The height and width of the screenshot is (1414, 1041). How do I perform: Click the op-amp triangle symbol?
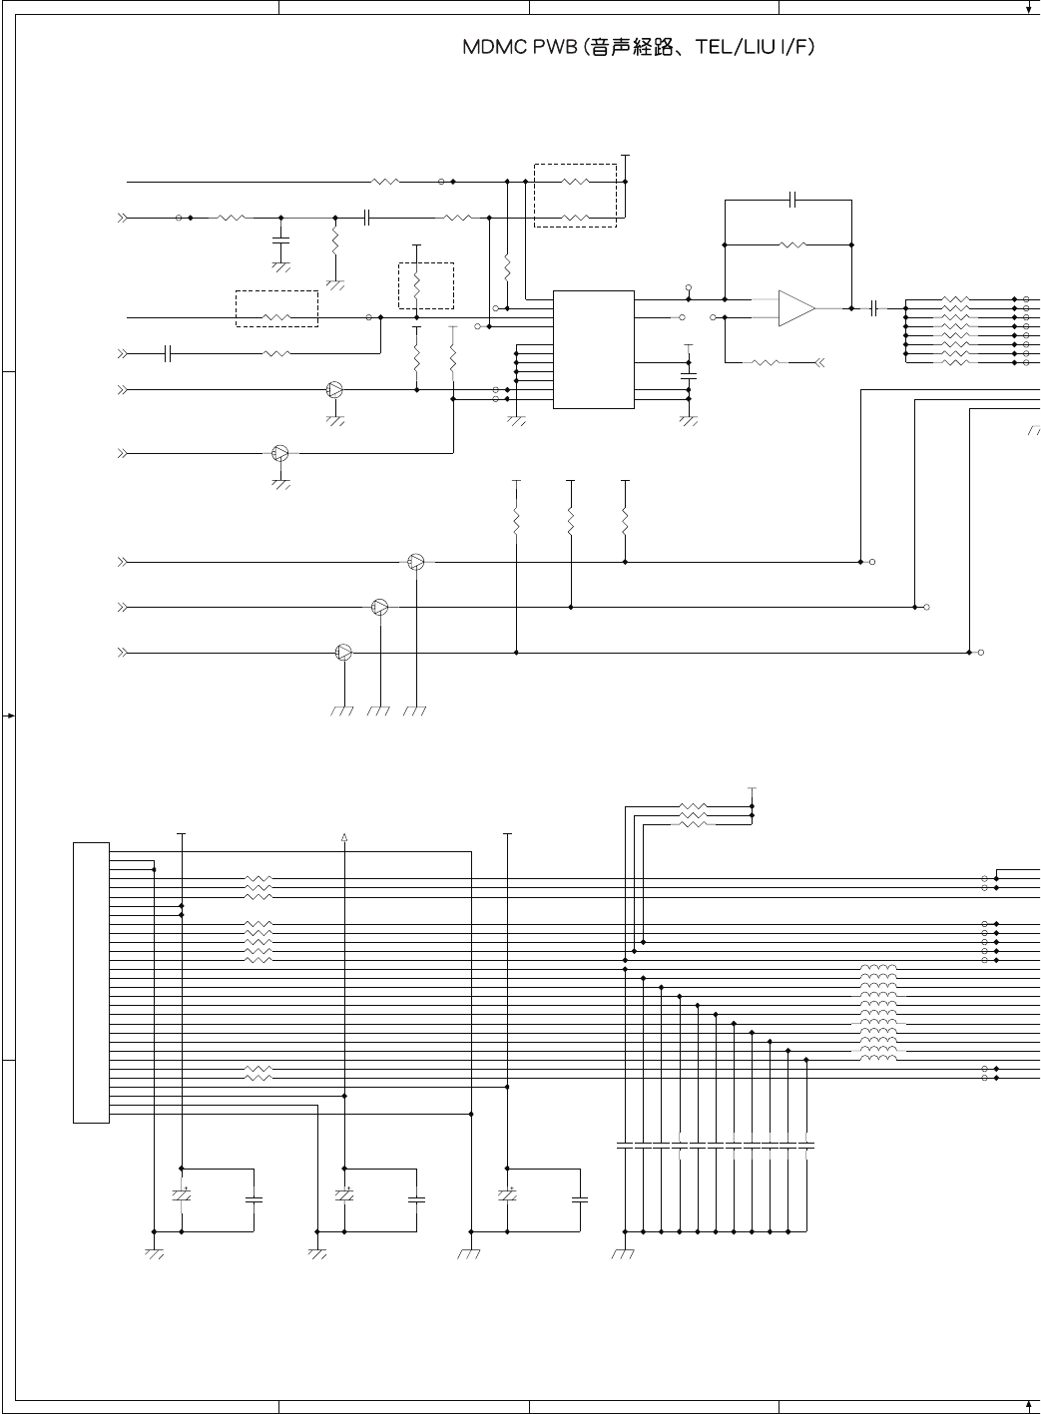click(x=796, y=308)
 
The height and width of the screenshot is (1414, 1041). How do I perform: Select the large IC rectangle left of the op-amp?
click(x=593, y=349)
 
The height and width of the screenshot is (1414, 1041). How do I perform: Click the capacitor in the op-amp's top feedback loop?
click(x=792, y=200)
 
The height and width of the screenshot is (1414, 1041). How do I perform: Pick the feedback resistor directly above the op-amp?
click(x=792, y=244)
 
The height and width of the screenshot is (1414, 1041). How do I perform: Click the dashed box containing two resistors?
click(x=575, y=196)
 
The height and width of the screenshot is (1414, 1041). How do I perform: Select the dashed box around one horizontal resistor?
click(x=276, y=308)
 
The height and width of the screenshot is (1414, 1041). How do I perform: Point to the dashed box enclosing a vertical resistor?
click(x=426, y=286)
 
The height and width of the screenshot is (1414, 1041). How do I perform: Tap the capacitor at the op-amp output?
click(x=874, y=308)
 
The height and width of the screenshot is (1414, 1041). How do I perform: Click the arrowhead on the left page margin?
click(x=9, y=715)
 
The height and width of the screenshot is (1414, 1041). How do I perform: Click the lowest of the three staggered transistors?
click(x=344, y=653)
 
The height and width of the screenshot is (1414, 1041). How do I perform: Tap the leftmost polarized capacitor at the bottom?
click(x=182, y=1195)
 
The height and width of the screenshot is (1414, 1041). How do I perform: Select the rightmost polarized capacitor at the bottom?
click(x=507, y=1195)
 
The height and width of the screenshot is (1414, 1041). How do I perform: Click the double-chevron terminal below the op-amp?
click(x=819, y=362)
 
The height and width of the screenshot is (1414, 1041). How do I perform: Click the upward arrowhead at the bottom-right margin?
click(x=1028, y=1405)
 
